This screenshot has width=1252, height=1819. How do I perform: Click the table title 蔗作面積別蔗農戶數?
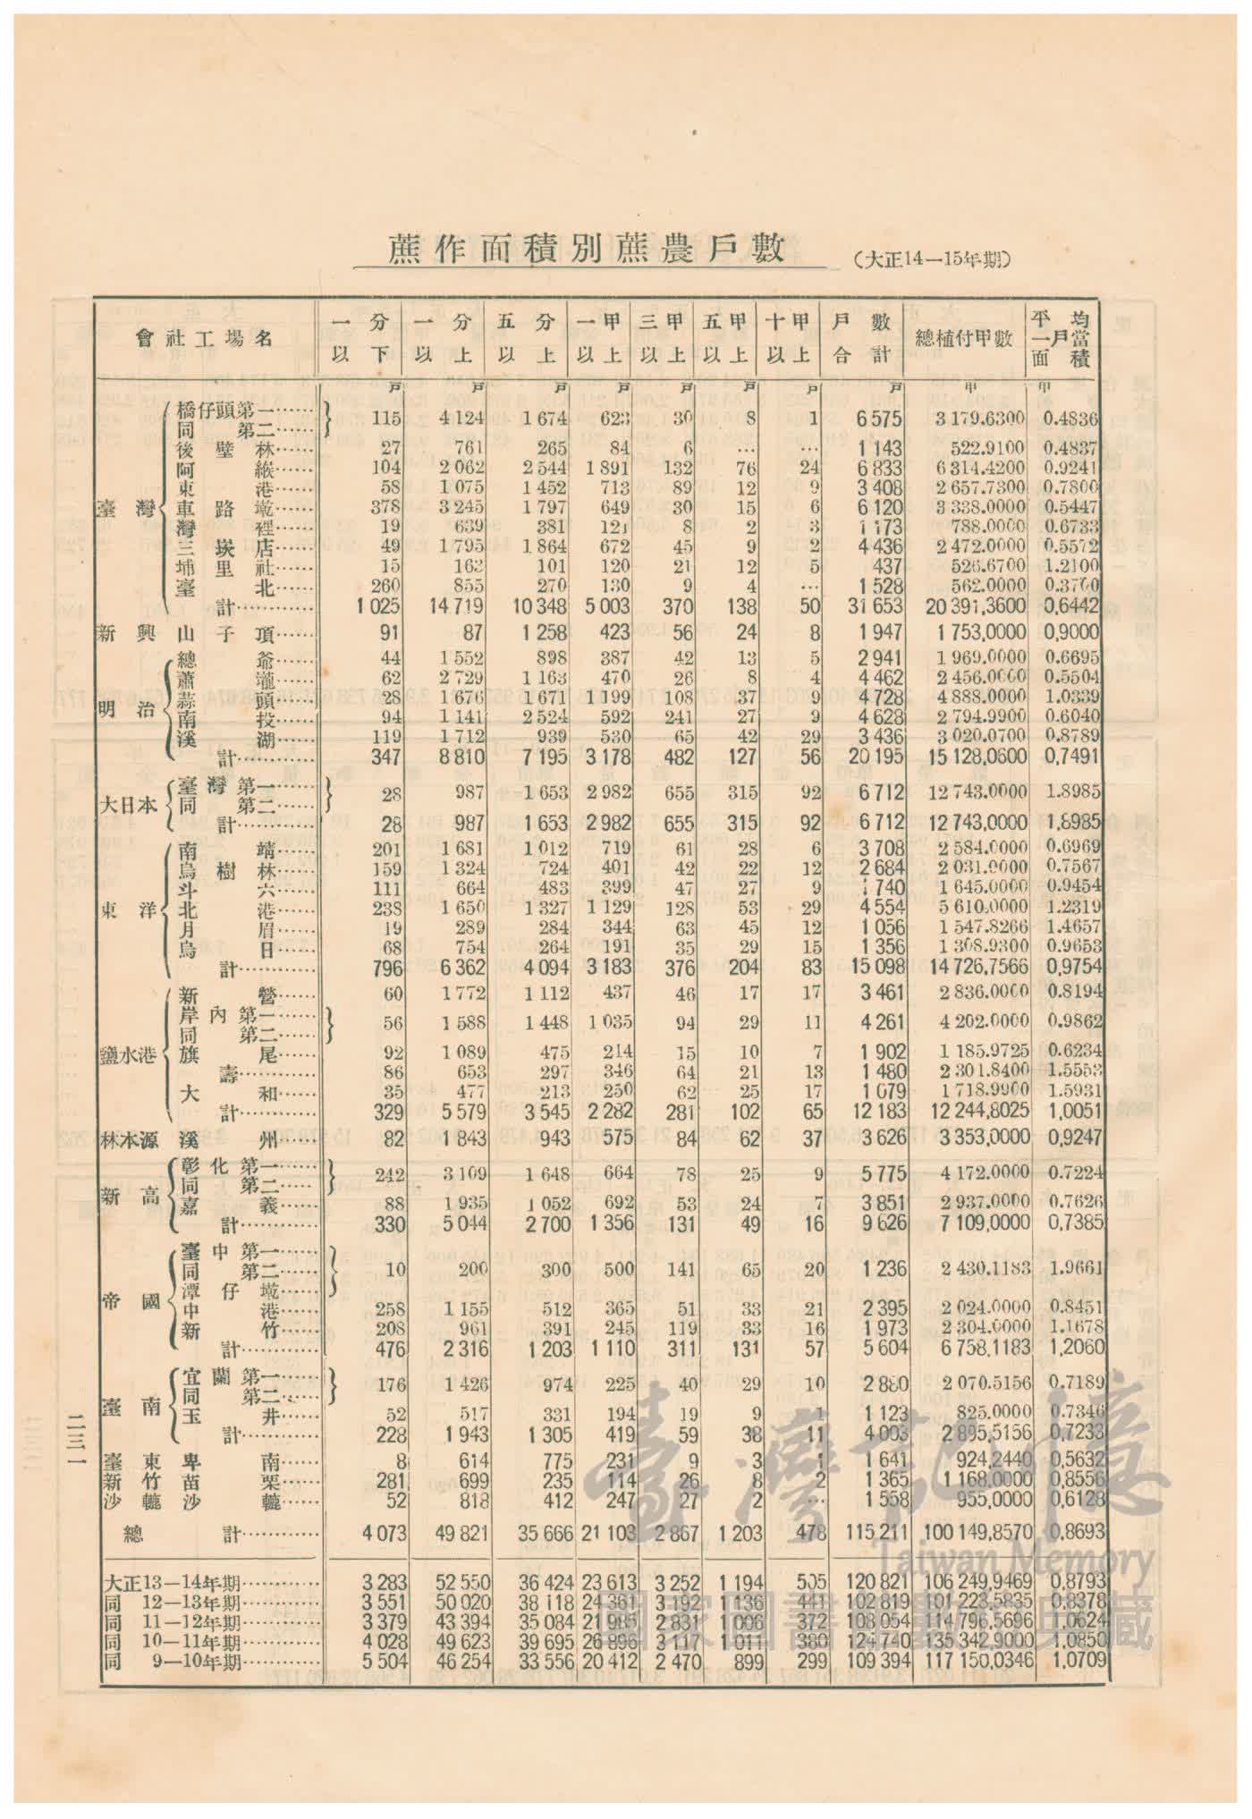click(x=587, y=250)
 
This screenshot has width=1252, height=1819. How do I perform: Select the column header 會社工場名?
click(x=204, y=338)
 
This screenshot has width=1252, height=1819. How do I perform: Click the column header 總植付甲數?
click(x=964, y=338)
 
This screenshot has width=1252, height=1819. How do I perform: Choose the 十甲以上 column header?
click(x=788, y=338)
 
